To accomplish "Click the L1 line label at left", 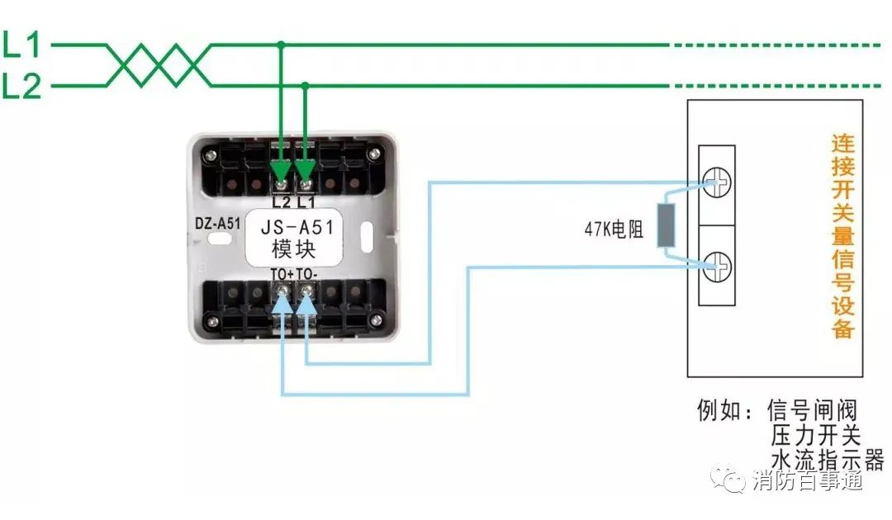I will tap(21, 45).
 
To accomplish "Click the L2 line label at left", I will tap(21, 86).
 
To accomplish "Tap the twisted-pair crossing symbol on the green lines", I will tap(157, 65).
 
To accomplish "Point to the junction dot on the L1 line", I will tap(282, 45).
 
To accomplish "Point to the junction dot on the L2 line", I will tap(306, 85).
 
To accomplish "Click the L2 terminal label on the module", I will tap(282, 201).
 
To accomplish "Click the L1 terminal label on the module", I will tap(306, 201).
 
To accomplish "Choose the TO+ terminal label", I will tap(281, 274).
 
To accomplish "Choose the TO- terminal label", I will tap(307, 274).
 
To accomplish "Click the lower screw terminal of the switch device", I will tap(717, 265).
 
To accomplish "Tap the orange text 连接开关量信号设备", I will tap(842, 236).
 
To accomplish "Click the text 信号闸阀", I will tap(812, 410).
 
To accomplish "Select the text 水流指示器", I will tap(826, 459).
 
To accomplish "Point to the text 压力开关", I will tap(815, 435).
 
